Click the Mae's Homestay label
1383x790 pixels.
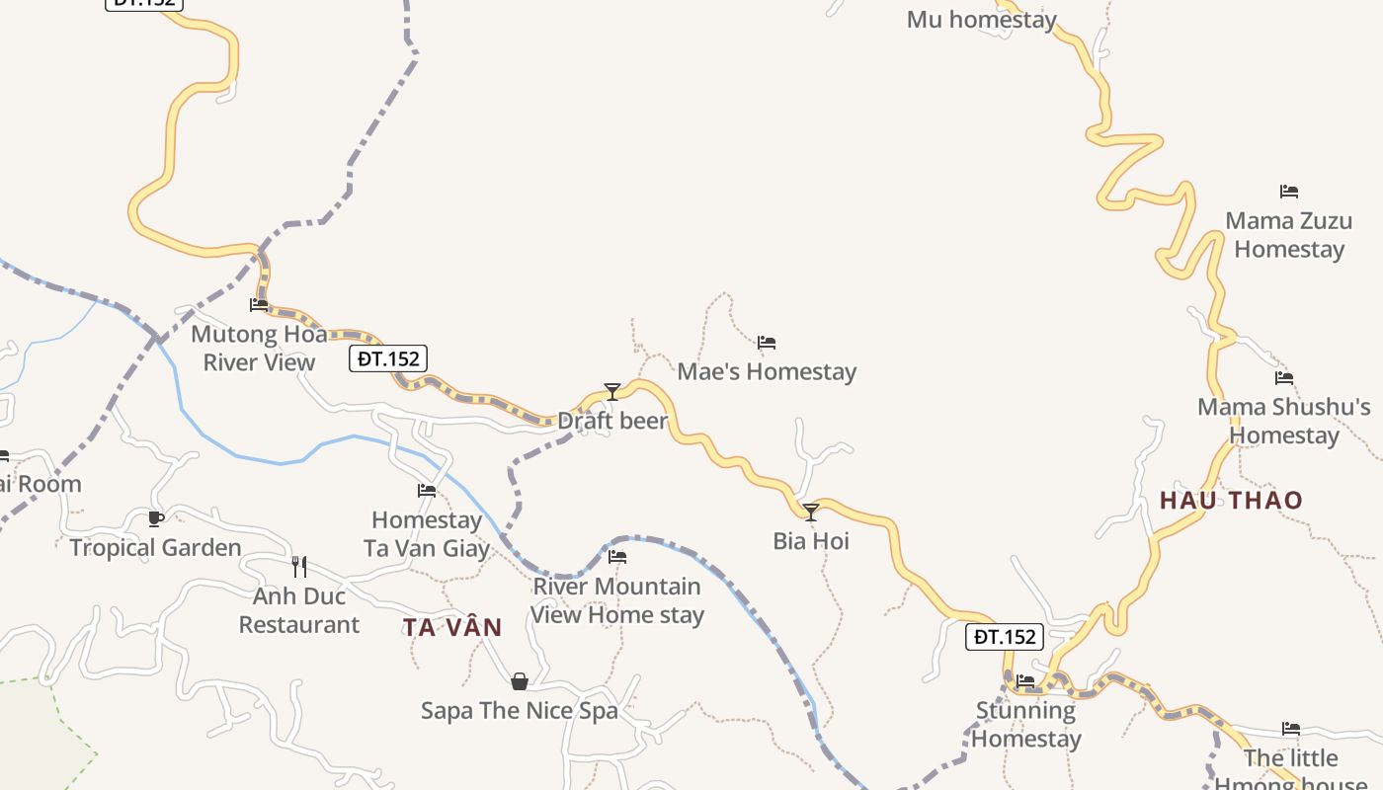[x=767, y=372]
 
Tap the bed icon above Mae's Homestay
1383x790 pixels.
[x=767, y=344]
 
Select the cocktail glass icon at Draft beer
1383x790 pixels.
[x=612, y=392]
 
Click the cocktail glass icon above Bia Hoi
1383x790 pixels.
[x=811, y=512]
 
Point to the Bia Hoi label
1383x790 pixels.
[x=811, y=541]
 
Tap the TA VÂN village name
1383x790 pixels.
[x=452, y=627]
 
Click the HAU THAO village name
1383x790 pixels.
[x=1231, y=501]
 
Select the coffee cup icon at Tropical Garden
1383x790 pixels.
[x=155, y=518]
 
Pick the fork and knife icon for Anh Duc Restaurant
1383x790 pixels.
[x=299, y=567]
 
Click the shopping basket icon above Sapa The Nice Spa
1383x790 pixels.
[x=520, y=681]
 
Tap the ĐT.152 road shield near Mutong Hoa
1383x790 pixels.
[x=388, y=358]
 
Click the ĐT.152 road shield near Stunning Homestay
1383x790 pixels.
[x=1005, y=637]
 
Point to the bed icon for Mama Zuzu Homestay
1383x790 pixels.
[x=1289, y=192]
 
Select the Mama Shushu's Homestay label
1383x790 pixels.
[x=1284, y=421]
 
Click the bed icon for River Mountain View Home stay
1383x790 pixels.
[x=617, y=557]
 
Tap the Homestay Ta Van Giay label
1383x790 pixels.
[x=427, y=534]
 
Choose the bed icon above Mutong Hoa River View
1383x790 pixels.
[x=259, y=305]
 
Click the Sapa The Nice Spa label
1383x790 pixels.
[x=520, y=711]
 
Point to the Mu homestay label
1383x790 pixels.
[x=982, y=20]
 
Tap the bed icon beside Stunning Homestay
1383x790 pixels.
[x=1025, y=681]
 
